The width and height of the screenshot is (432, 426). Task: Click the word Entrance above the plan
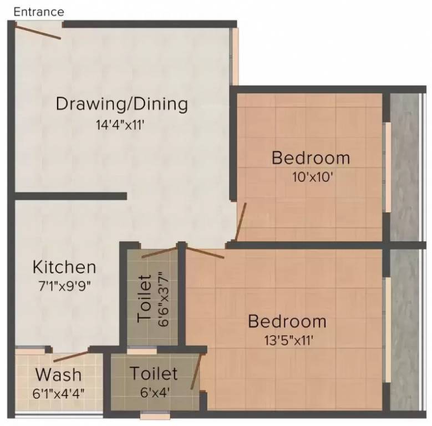39,12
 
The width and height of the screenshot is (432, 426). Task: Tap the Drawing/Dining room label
122,104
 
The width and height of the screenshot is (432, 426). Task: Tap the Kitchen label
64,267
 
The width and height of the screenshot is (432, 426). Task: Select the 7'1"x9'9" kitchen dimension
64,287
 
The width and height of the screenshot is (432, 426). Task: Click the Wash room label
58,374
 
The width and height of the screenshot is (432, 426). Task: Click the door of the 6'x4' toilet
195,373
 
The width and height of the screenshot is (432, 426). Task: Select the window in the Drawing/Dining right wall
235,55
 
